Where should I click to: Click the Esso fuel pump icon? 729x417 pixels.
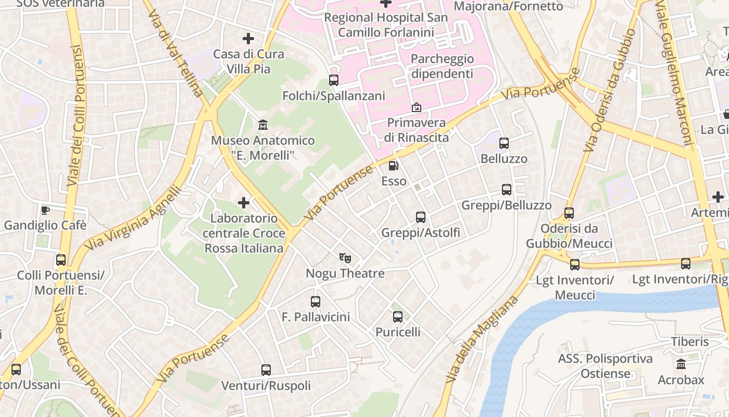click(394, 166)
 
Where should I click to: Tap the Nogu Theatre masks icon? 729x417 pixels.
click(345, 257)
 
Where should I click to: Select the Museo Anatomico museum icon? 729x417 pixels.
click(263, 125)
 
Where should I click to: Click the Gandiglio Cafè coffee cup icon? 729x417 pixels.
click(45, 210)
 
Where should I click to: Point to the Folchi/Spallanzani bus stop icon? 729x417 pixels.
click(334, 80)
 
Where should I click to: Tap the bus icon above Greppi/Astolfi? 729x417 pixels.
click(421, 217)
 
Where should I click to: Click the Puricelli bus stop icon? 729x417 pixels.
click(398, 316)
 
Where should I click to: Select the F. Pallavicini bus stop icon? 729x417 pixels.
click(316, 301)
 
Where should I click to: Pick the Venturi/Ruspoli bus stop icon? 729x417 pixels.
click(266, 370)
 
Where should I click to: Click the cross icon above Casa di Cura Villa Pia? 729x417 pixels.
click(248, 39)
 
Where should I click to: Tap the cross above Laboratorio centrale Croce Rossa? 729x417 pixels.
click(243, 203)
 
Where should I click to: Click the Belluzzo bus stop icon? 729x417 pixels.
click(504, 143)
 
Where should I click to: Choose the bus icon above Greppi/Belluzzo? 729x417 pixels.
click(507, 190)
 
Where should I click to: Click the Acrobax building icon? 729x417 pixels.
click(681, 364)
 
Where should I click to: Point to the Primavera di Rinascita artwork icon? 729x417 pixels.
click(417, 108)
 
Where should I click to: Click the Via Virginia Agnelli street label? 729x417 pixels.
click(135, 218)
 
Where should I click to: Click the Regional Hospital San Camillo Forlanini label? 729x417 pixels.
click(386, 25)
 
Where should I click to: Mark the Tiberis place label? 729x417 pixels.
click(690, 342)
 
